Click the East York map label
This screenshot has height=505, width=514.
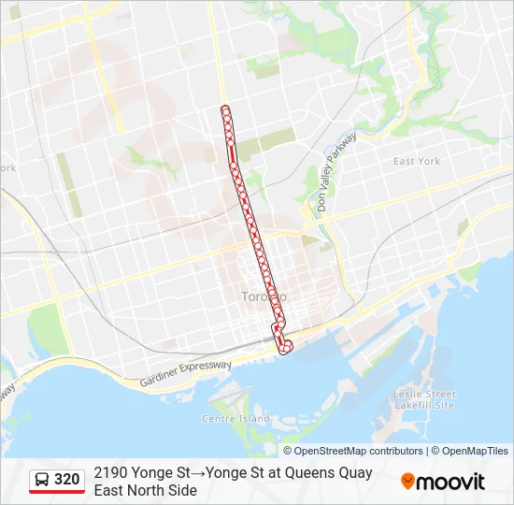pos(417,161)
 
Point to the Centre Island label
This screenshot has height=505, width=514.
pos(236,418)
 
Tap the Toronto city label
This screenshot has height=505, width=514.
pos(264,296)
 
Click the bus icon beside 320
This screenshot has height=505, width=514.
pos(43,480)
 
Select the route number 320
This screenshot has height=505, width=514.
pos(67,480)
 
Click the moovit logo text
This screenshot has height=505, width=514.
pos(451,483)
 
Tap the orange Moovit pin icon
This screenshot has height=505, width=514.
pos(407,482)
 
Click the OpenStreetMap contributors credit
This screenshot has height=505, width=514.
pos(359,451)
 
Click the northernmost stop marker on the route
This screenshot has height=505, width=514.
pos(225,109)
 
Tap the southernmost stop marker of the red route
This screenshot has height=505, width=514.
pos(287,348)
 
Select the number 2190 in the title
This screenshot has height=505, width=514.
pos(111,473)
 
